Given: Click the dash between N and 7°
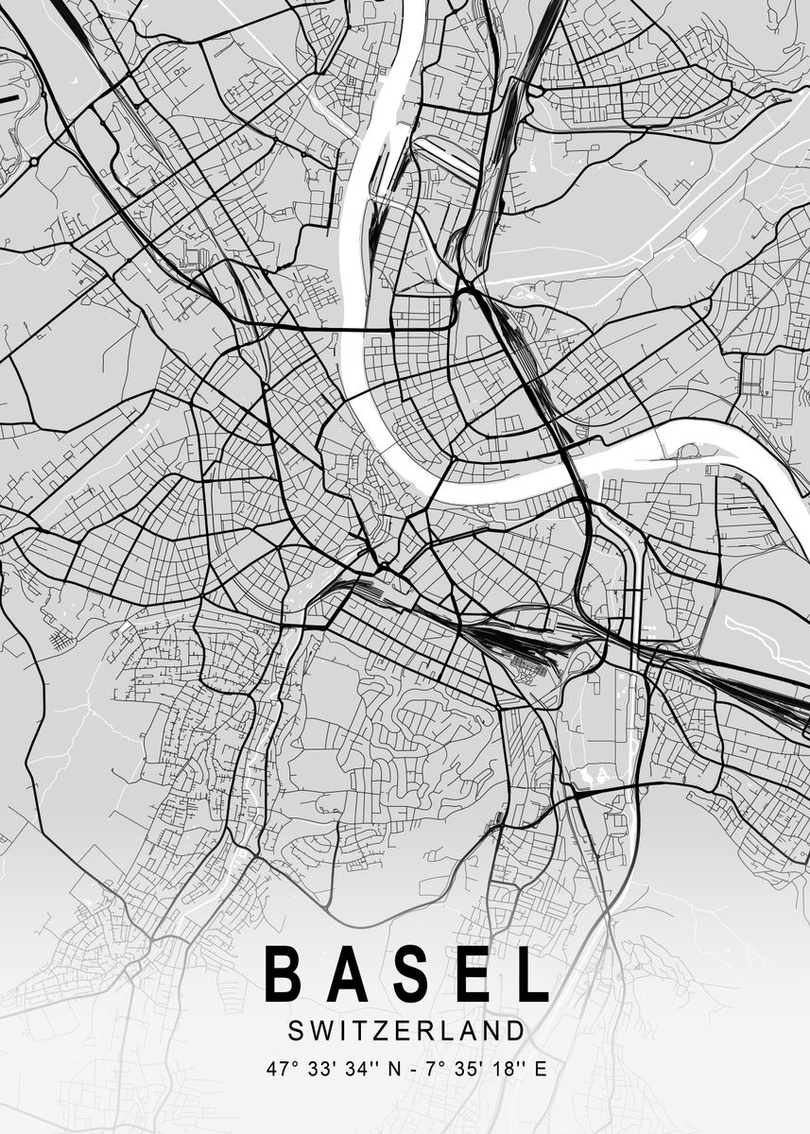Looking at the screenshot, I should (416, 1071).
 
